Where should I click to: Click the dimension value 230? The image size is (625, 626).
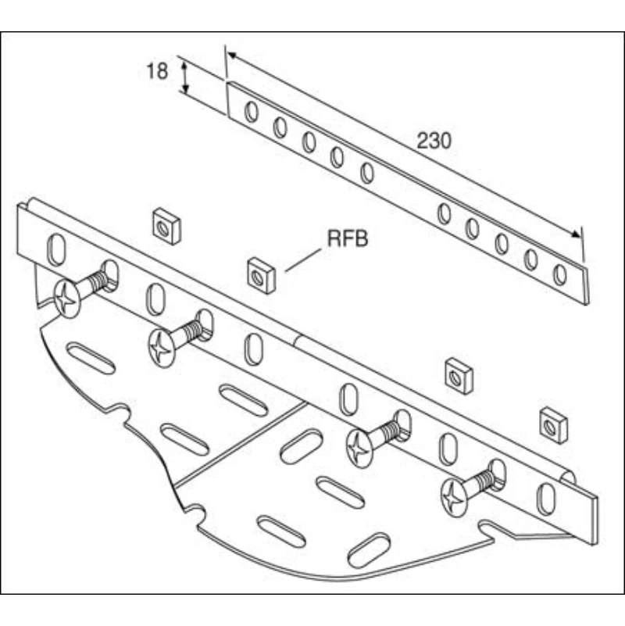434,141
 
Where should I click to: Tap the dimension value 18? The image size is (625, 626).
157,72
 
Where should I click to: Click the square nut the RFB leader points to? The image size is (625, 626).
262,274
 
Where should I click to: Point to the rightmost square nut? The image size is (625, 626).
552,425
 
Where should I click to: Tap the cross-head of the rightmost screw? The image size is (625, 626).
455,496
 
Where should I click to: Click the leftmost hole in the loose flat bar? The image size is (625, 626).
251,112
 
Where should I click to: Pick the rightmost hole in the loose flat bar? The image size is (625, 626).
559,274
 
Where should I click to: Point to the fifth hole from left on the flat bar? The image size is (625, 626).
367,173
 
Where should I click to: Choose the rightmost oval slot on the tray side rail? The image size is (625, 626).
547,498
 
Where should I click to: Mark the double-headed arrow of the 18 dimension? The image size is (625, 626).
185,77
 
